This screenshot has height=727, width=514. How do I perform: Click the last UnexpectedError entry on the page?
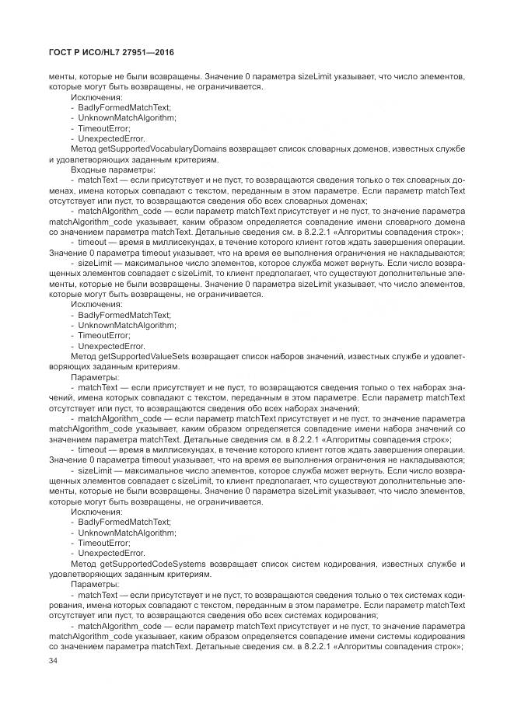(112, 553)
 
